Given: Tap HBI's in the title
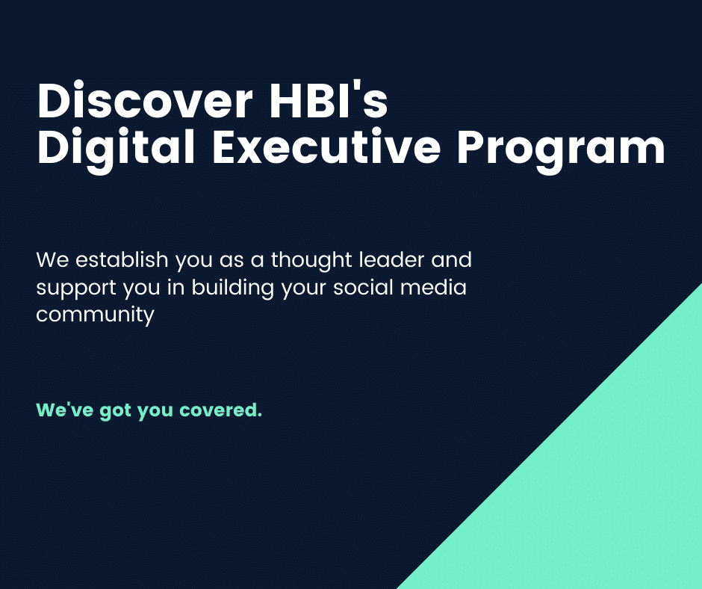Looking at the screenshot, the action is tap(328, 99).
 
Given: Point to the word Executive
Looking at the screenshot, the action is tap(326, 146).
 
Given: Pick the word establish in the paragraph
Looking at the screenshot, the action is tap(122, 259).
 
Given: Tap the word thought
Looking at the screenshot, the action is tap(311, 261).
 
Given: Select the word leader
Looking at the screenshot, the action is tap(392, 259).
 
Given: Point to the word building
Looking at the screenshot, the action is tap(233, 289).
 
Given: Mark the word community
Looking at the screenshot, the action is tap(95, 315).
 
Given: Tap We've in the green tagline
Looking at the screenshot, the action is tap(64, 410).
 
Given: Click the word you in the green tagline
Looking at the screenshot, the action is tap(155, 412).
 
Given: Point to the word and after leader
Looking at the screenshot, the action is tap(451, 259).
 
